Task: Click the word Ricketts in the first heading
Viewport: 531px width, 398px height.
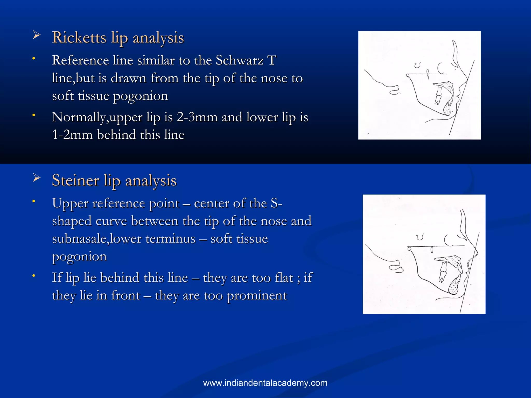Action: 79,38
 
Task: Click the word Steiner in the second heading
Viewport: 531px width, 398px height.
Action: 75,181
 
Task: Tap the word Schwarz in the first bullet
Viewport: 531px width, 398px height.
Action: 239,61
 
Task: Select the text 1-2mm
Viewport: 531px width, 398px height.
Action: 72,135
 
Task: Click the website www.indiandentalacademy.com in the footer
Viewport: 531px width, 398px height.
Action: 265,383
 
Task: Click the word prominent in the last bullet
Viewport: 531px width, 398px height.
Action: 257,296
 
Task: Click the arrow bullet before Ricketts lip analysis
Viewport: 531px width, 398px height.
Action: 37,35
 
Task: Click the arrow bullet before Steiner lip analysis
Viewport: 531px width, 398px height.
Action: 37,178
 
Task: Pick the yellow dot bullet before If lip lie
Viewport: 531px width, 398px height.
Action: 33,275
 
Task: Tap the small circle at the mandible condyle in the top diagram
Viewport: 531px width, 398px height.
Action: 408,75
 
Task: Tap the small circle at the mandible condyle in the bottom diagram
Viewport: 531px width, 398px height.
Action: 409,249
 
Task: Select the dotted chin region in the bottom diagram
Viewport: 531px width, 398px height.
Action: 454,287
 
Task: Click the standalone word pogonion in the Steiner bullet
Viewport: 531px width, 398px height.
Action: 79,257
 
